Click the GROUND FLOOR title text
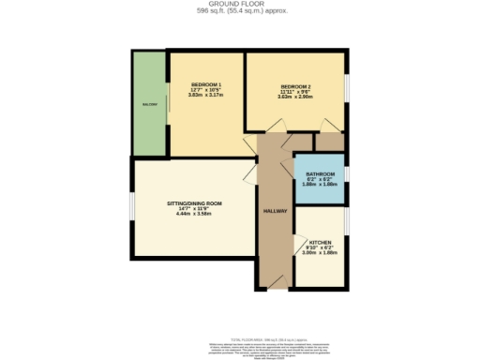[x=239, y=5]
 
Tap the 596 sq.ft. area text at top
[x=239, y=11]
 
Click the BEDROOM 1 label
[x=205, y=84]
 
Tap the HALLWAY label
[x=275, y=212]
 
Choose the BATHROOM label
[x=320, y=173]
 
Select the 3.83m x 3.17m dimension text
[x=205, y=96]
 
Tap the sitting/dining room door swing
[x=249, y=173]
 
